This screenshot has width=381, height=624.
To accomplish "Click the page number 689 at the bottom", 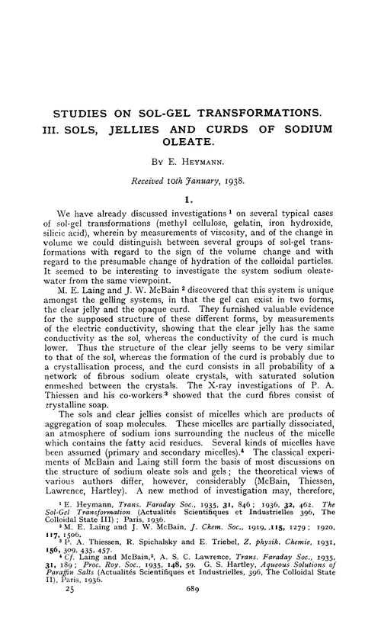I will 190,611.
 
